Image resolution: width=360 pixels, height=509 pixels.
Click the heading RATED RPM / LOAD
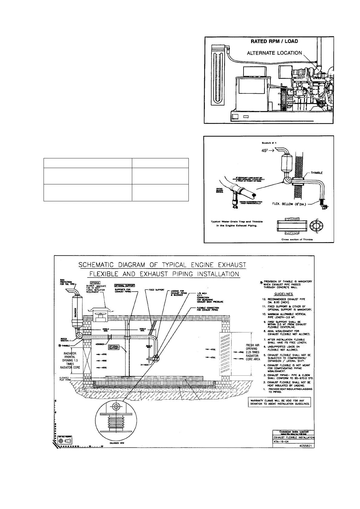274,41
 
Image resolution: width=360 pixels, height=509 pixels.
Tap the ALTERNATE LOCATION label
274,53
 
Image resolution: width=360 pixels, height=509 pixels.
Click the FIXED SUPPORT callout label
156,290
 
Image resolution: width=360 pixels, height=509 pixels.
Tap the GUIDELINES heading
283,294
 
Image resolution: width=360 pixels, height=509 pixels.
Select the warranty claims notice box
280,403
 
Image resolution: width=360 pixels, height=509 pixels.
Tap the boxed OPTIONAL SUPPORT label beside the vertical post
114,348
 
